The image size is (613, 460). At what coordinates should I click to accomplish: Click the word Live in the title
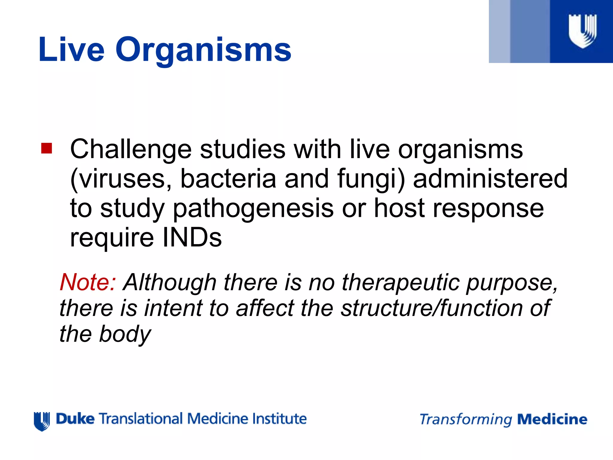71,49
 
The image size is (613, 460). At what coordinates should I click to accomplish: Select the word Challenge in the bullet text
131,149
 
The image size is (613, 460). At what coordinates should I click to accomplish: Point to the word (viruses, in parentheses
121,179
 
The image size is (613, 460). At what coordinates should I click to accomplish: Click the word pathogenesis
253,209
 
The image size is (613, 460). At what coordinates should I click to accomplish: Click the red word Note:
88,282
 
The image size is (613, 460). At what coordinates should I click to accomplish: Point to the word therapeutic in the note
400,283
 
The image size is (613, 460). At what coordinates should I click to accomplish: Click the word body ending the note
125,334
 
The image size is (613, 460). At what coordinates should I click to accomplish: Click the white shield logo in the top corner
582,31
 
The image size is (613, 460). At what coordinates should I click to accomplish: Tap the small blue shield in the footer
42,421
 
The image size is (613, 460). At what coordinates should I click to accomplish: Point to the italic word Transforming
466,420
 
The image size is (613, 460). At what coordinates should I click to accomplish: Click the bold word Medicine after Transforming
552,419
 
